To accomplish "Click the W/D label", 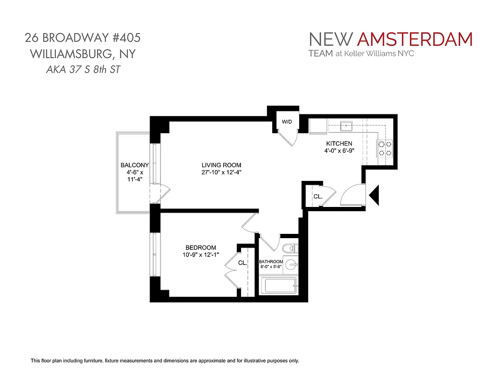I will coord(287,122).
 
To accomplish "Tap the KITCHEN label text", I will coord(339,144).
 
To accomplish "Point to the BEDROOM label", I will coord(201,248).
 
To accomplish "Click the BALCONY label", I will coord(134,165).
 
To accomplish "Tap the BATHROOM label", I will coord(271,262).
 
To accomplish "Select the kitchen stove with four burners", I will coord(384,148).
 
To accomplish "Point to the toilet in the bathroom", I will coord(289,248).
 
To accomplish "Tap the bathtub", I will coord(278,286).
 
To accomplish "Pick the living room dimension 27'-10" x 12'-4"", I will coord(222,172).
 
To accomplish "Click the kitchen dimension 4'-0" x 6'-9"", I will coord(339,151).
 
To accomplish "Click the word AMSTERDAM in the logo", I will coord(415,39).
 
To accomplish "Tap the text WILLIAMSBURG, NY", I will coord(83,54).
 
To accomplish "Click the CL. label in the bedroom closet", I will coord(242,263).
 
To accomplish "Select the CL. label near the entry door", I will coord(318,197).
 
